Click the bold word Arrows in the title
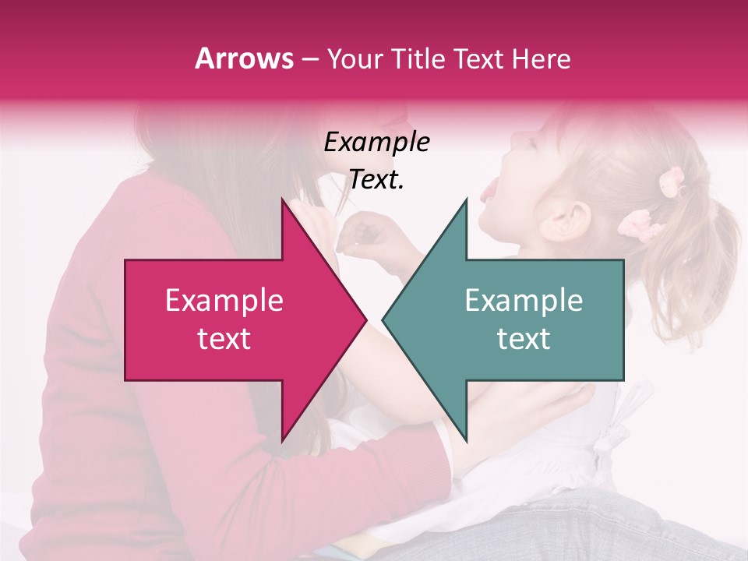click(x=245, y=58)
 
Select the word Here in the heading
click(x=542, y=58)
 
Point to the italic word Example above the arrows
click(x=376, y=142)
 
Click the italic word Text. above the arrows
click(x=376, y=179)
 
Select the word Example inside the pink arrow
click(x=224, y=301)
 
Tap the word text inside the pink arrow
click(x=224, y=338)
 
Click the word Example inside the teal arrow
click(x=524, y=301)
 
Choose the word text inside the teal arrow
click(x=524, y=338)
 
